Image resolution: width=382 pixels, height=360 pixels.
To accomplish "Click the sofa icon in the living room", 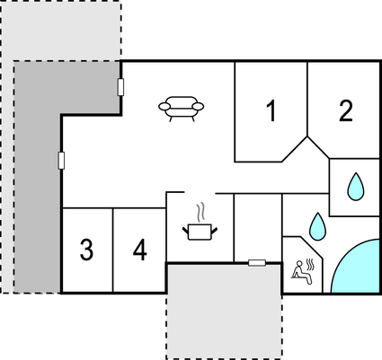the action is coord(181,109).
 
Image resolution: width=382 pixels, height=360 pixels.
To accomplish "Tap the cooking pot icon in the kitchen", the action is coord(200,232).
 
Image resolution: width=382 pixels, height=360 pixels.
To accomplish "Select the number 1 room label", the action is coord(271,111).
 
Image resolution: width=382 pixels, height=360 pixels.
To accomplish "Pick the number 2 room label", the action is coord(346,111).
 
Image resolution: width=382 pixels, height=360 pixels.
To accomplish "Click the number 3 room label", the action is coord(86,250).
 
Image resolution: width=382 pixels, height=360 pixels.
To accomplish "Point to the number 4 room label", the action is coord(140,250).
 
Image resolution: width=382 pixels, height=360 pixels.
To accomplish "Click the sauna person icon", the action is coord(300,272).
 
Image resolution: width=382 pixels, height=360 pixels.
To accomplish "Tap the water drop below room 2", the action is coord(356,187).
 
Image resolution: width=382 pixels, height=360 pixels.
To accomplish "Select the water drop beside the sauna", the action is coord(317,226).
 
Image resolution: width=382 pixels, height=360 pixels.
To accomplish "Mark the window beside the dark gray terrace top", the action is coord(120,87).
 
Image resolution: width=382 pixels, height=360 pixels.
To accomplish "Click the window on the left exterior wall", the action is coord(61,161).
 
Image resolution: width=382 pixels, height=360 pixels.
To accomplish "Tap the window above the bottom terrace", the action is coord(257,263).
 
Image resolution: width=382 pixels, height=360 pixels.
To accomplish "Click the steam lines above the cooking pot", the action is coord(200,213).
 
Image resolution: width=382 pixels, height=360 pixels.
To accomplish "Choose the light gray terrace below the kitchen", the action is coord(224,312).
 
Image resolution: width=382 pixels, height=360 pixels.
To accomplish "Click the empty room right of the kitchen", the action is coord(258,227).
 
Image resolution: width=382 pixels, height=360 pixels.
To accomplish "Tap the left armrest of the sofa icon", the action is coord(164,106).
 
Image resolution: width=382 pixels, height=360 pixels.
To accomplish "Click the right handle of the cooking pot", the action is coord(215,231).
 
